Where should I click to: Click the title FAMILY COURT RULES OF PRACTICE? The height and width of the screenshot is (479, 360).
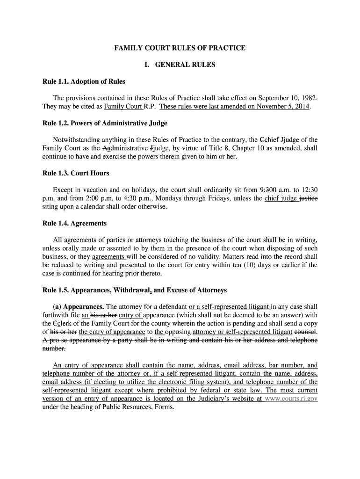pyautogui.click(x=180, y=48)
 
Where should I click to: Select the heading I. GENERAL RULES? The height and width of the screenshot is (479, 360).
pyautogui.click(x=180, y=65)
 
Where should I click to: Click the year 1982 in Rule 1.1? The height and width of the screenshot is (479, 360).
pyautogui.click(x=309, y=98)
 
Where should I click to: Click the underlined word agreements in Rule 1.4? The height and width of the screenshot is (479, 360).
pyautogui.click(x=108, y=257)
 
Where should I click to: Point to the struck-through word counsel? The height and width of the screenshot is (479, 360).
pyautogui.click(x=305, y=332)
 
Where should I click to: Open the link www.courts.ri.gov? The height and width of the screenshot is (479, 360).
pyautogui.click(x=291, y=399)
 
